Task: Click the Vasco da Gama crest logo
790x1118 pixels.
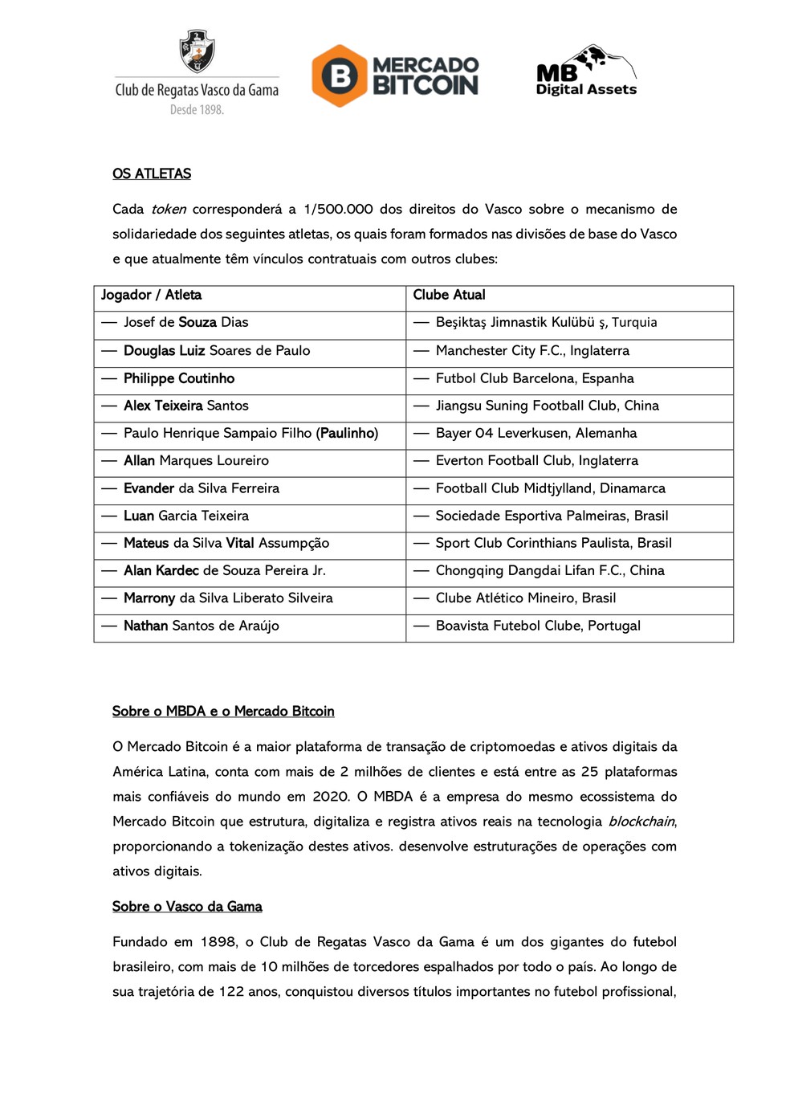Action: (197, 51)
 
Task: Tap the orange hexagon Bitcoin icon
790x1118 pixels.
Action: (340, 75)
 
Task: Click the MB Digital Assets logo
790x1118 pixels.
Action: (586, 71)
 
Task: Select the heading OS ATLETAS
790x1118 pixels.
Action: (152, 173)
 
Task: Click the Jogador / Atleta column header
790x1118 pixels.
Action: (151, 295)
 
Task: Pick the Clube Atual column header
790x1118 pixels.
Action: (449, 295)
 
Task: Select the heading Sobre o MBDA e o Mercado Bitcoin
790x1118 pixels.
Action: (223, 711)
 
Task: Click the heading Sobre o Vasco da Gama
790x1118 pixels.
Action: (187, 906)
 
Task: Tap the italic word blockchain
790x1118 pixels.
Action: (641, 821)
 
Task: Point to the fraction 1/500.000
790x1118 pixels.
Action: (338, 209)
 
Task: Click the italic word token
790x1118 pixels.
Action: (169, 209)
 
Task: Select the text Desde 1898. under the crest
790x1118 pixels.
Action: (197, 110)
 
